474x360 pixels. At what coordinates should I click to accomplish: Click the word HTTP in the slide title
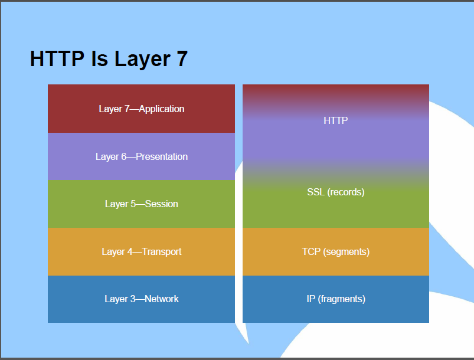(x=57, y=58)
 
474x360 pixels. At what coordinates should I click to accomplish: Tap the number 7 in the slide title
(x=182, y=58)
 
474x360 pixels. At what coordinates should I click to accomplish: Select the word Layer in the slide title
(x=142, y=60)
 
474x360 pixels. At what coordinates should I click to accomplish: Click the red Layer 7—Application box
(x=141, y=109)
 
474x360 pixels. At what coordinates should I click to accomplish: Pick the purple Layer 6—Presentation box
(x=141, y=156)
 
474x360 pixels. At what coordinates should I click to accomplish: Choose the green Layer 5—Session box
(x=141, y=204)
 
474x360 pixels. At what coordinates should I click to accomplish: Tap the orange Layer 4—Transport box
(x=141, y=252)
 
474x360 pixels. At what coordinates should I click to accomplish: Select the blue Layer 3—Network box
(x=141, y=299)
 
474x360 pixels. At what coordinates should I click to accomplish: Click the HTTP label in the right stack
(x=335, y=120)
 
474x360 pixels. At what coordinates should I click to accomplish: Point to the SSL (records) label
(x=335, y=192)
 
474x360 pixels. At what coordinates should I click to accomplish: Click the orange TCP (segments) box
(x=335, y=252)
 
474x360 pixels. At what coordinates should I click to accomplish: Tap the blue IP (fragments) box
(x=335, y=299)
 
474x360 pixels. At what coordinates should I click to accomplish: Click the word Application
(x=161, y=109)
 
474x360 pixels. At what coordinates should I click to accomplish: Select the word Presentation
(x=161, y=156)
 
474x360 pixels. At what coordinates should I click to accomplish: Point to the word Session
(x=161, y=204)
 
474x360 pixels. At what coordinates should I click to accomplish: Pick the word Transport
(x=161, y=252)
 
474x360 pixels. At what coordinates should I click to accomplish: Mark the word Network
(x=161, y=299)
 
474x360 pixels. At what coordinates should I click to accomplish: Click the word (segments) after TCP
(x=346, y=252)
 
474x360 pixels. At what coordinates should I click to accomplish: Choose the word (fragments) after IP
(x=341, y=299)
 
